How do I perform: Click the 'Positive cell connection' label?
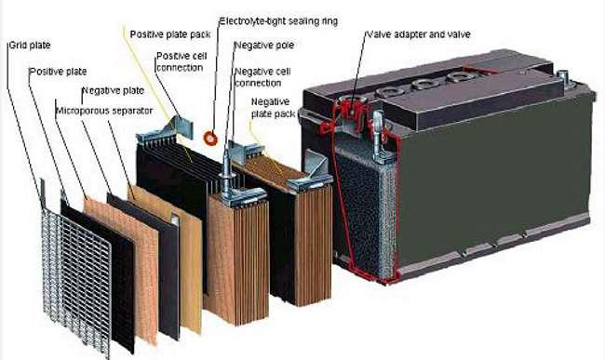tap(181, 61)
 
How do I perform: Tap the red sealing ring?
tap(211, 138)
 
